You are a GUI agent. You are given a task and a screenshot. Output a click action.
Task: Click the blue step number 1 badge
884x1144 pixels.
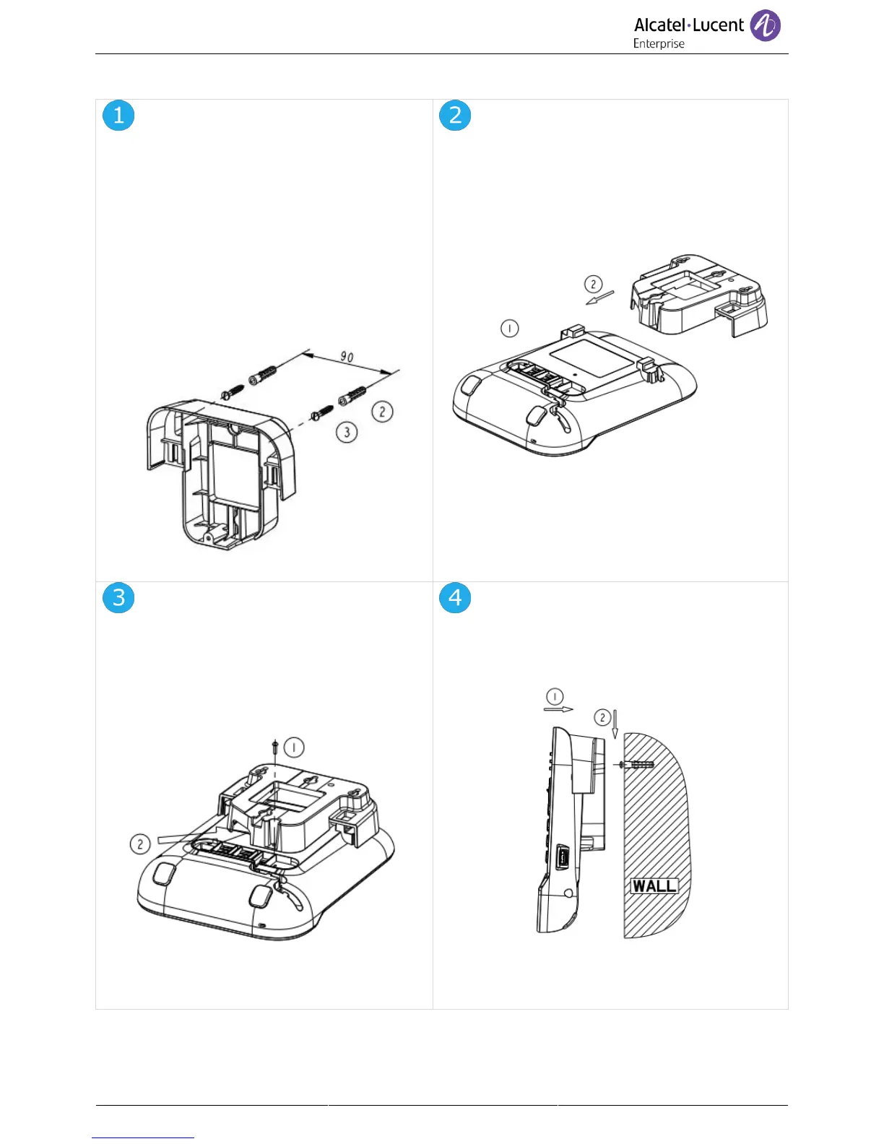tap(118, 116)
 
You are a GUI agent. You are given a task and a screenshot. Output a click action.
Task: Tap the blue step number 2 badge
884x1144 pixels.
tap(455, 116)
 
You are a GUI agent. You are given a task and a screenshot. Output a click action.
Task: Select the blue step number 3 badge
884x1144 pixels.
tap(118, 597)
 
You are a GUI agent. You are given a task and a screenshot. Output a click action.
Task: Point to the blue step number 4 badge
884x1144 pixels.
tap(455, 597)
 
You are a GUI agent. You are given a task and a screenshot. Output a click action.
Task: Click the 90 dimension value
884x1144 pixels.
tap(347, 357)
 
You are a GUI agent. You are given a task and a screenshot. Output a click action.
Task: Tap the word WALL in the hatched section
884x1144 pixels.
tap(654, 885)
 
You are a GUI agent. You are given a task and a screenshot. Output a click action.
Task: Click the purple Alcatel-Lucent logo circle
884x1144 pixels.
tap(765, 26)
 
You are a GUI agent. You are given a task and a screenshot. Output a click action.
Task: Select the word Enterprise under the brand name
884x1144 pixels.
tap(659, 44)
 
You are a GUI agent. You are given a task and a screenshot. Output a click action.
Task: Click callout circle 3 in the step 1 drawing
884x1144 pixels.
tap(347, 432)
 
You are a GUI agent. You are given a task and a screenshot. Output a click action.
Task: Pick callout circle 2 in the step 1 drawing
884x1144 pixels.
tap(382, 412)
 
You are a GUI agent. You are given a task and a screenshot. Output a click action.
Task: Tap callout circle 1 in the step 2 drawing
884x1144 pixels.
tap(510, 329)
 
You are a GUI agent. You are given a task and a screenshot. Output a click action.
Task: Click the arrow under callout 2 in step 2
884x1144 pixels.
tap(599, 297)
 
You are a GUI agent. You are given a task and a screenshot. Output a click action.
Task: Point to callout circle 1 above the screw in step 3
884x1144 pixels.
tap(294, 747)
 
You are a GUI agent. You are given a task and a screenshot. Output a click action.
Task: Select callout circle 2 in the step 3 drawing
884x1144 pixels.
tap(140, 844)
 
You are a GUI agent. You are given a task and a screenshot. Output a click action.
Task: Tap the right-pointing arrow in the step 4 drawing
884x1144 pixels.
tap(558, 709)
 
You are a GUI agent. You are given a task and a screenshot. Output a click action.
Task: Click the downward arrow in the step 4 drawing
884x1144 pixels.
tap(615, 724)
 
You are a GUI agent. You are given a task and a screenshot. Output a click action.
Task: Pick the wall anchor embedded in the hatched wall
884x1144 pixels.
tap(638, 764)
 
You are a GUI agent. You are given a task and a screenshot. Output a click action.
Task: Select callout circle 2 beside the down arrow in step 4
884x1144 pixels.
tap(602, 717)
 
